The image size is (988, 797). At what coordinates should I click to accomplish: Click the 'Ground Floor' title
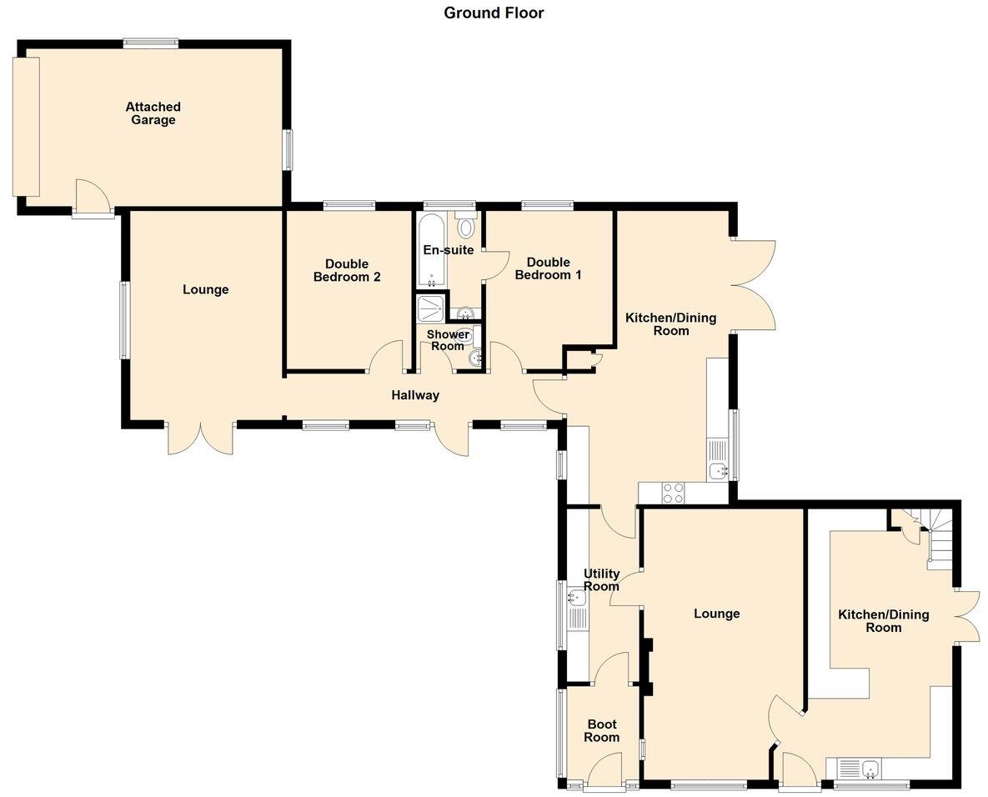click(494, 13)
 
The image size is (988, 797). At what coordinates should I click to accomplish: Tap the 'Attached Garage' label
click(153, 113)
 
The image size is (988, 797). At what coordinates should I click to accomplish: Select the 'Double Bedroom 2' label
click(347, 271)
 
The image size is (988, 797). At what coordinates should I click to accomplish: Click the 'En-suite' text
click(449, 250)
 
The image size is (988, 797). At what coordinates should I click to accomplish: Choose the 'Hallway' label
click(415, 395)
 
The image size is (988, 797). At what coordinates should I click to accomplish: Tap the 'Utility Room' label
click(601, 579)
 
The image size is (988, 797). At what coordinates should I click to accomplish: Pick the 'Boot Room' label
click(601, 731)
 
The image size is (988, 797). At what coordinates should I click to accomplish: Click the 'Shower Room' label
click(448, 340)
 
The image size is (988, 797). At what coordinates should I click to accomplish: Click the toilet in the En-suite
click(466, 225)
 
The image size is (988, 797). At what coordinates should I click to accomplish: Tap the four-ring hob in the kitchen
click(673, 494)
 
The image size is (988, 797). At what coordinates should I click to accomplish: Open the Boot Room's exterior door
click(604, 771)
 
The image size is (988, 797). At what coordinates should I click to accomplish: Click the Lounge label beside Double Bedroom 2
click(205, 290)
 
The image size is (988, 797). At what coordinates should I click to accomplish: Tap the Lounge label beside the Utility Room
click(716, 614)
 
